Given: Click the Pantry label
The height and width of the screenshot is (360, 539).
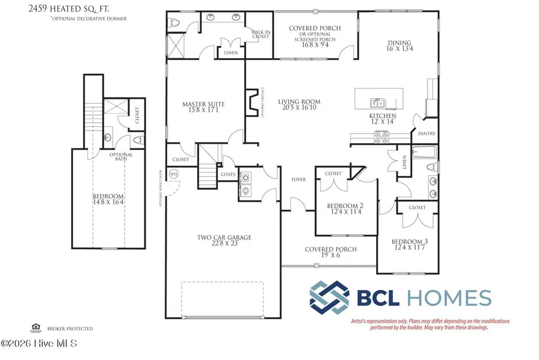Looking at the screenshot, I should pos(426,134).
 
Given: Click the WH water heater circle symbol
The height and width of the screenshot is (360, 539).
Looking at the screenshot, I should pos(174,174).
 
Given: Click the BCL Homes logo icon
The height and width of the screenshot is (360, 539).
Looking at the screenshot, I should pos(330,298).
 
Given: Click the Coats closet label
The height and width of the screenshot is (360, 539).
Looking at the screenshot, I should pos(228,175).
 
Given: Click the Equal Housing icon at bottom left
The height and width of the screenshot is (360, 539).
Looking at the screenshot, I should pos(34,328).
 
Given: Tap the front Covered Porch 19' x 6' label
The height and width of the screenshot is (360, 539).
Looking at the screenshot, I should pos(331,252).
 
